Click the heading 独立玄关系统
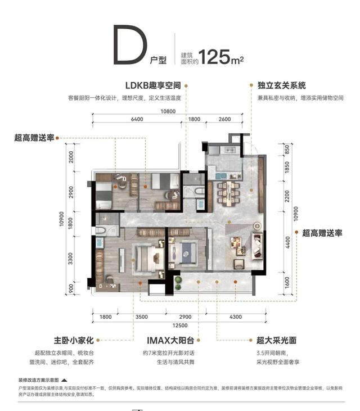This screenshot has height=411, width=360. click(x=282, y=86)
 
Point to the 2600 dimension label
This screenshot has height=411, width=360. click(x=225, y=120)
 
